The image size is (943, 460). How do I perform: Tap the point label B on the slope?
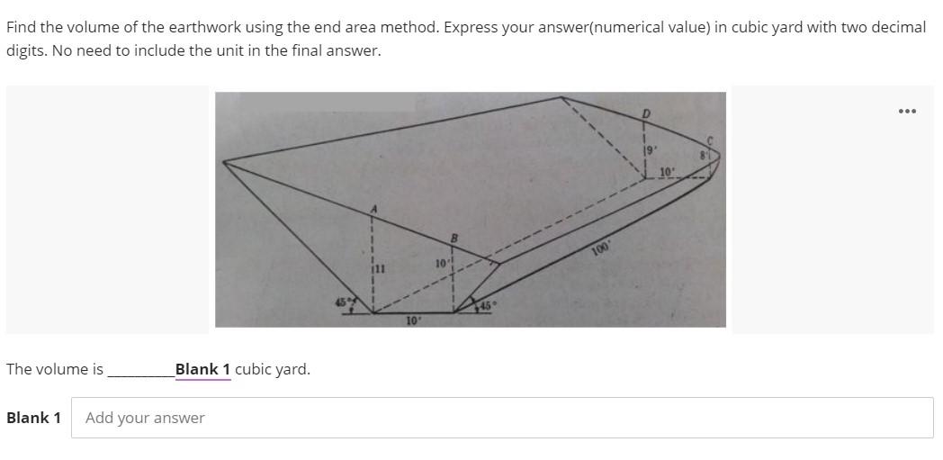coord(454,238)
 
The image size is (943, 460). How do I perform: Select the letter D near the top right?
coord(645,113)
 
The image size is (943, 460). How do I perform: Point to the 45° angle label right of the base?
coord(486,306)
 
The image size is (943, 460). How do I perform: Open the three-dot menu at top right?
coord(907,111)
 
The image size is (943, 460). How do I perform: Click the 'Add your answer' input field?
coord(502,418)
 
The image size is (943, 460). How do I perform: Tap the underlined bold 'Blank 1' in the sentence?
coord(203,369)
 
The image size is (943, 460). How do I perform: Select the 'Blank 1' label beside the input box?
coord(33,418)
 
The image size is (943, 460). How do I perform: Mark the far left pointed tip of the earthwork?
coord(223,162)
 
